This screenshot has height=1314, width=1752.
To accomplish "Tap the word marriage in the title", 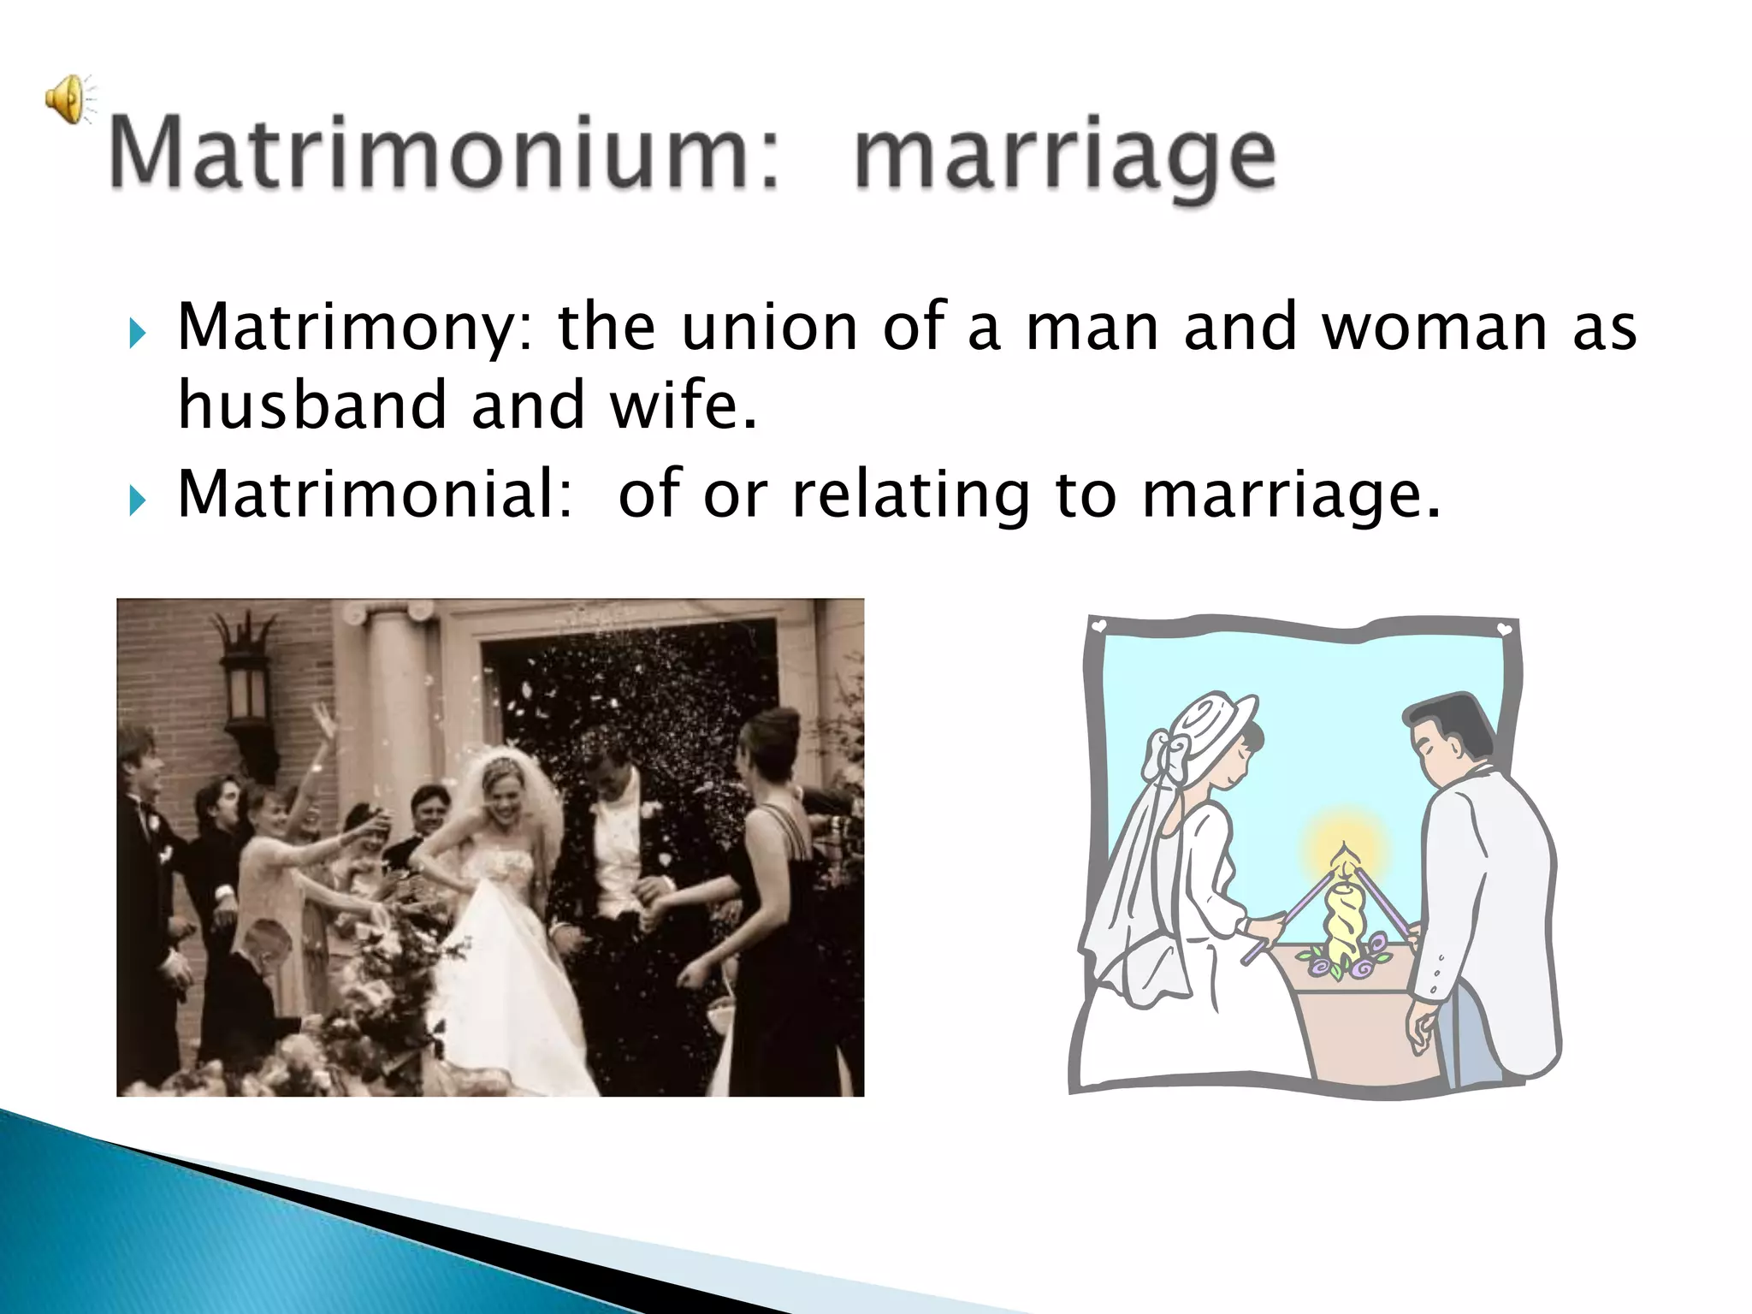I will (x=1064, y=158).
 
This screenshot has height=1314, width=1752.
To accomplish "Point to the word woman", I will (x=1434, y=327).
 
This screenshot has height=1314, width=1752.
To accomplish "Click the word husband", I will (x=311, y=404).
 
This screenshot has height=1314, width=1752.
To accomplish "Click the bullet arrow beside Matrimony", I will (x=137, y=333).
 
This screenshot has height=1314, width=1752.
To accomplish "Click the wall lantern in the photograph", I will (x=245, y=676).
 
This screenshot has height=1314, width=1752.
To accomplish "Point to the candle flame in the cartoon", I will (x=1344, y=855).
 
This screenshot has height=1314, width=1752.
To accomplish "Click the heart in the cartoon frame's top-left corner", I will (x=1100, y=626).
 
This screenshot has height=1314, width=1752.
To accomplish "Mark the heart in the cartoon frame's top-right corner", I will (x=1504, y=630).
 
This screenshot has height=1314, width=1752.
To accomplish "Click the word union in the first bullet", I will (x=768, y=327).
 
